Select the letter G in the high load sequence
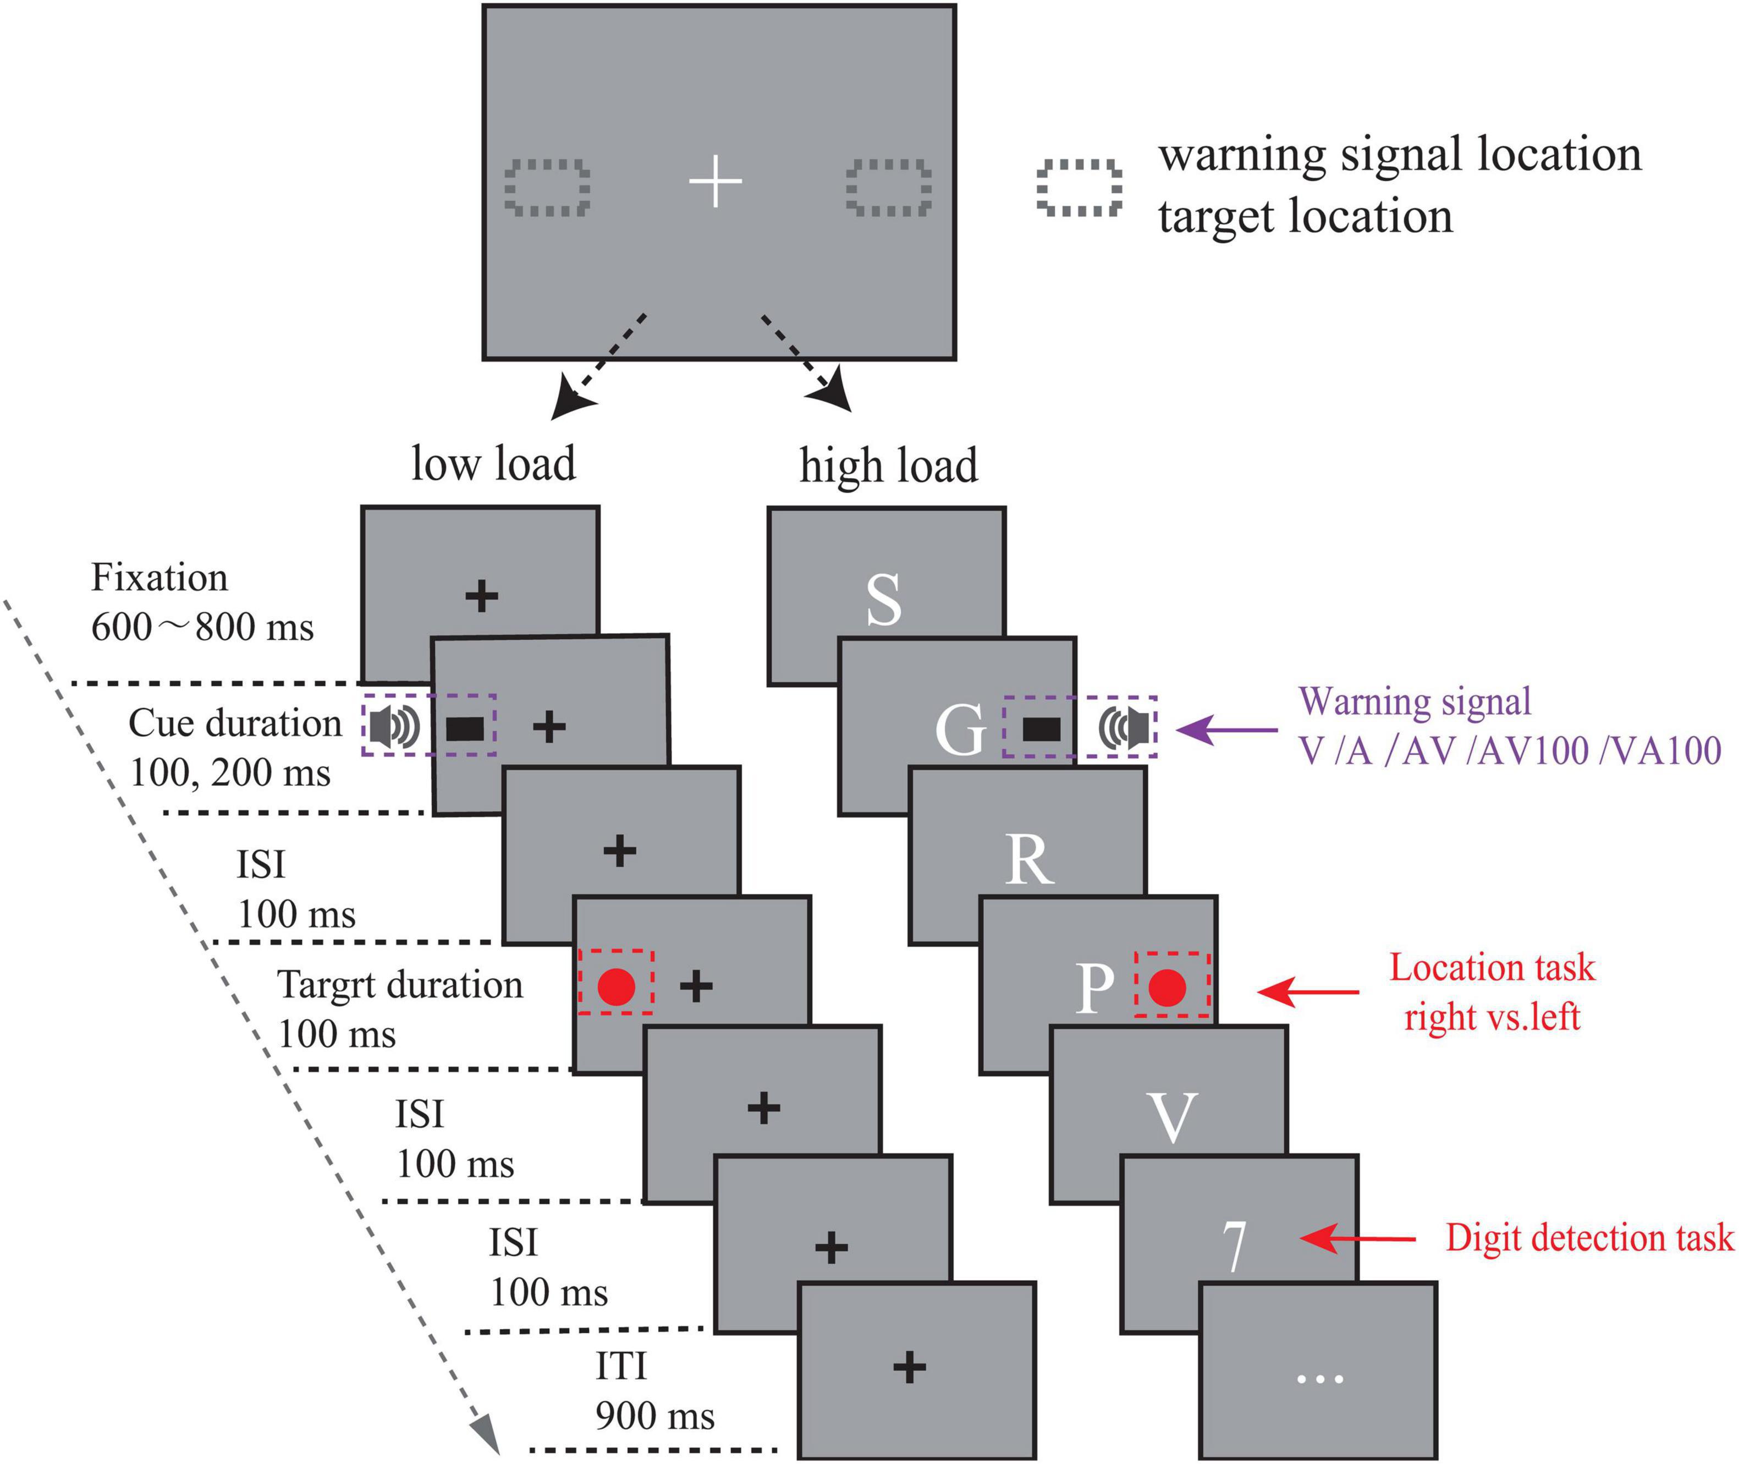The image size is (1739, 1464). pos(960,730)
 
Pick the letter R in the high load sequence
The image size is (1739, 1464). pos(1029,860)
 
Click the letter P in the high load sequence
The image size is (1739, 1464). pos(1095,988)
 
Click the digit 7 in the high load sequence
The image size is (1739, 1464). pos(1235,1246)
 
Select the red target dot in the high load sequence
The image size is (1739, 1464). pos(1168,988)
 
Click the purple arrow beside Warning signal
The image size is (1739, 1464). pos(1226,730)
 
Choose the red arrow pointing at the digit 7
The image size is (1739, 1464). pos(1357,1239)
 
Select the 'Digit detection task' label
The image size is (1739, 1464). pos(1589,1237)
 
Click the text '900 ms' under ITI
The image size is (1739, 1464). pos(654,1416)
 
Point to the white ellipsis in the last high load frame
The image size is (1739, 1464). pos(1319,1379)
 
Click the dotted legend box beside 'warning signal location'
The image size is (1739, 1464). pos(1078,188)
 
